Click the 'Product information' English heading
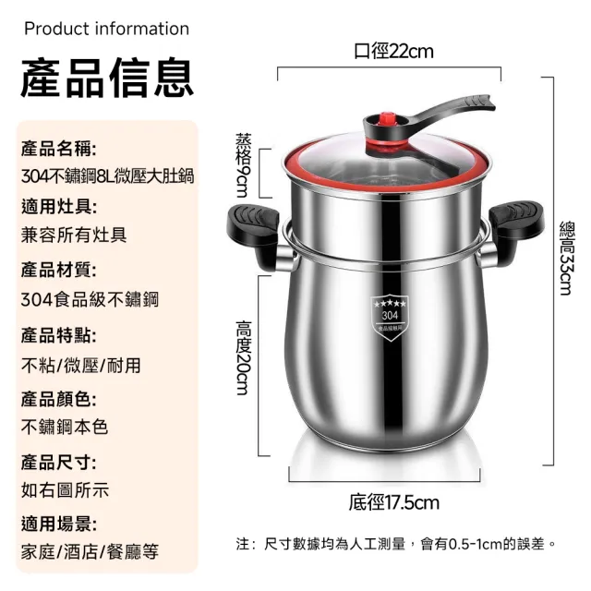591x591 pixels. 106,29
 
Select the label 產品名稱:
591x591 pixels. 58,148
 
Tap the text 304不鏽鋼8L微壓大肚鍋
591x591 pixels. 107,175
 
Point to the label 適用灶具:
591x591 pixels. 58,206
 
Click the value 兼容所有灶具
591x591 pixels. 74,235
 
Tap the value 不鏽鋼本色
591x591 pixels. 65,427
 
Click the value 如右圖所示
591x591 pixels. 65,489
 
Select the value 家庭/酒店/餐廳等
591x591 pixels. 90,551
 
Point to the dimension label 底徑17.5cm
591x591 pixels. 393,503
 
